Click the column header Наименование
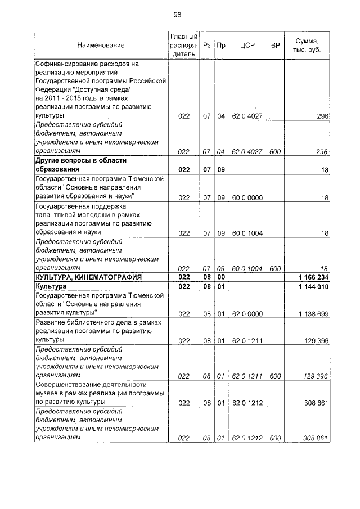click(101, 45)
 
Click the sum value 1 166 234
click(312, 277)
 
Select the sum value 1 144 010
click(312, 287)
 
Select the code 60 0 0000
click(247, 197)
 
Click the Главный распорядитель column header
click(183, 45)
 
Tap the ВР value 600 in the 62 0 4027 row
click(275, 151)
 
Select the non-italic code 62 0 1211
click(247, 341)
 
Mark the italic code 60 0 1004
click(247, 268)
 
